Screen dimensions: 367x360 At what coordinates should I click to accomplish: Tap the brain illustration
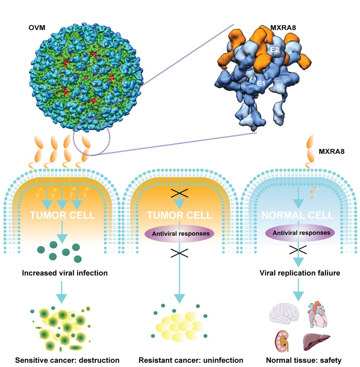283,316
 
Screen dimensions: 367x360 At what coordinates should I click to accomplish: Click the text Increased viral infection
65,273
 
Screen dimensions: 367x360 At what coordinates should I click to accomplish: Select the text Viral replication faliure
299,273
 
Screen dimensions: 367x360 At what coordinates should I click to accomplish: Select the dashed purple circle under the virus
90,138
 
